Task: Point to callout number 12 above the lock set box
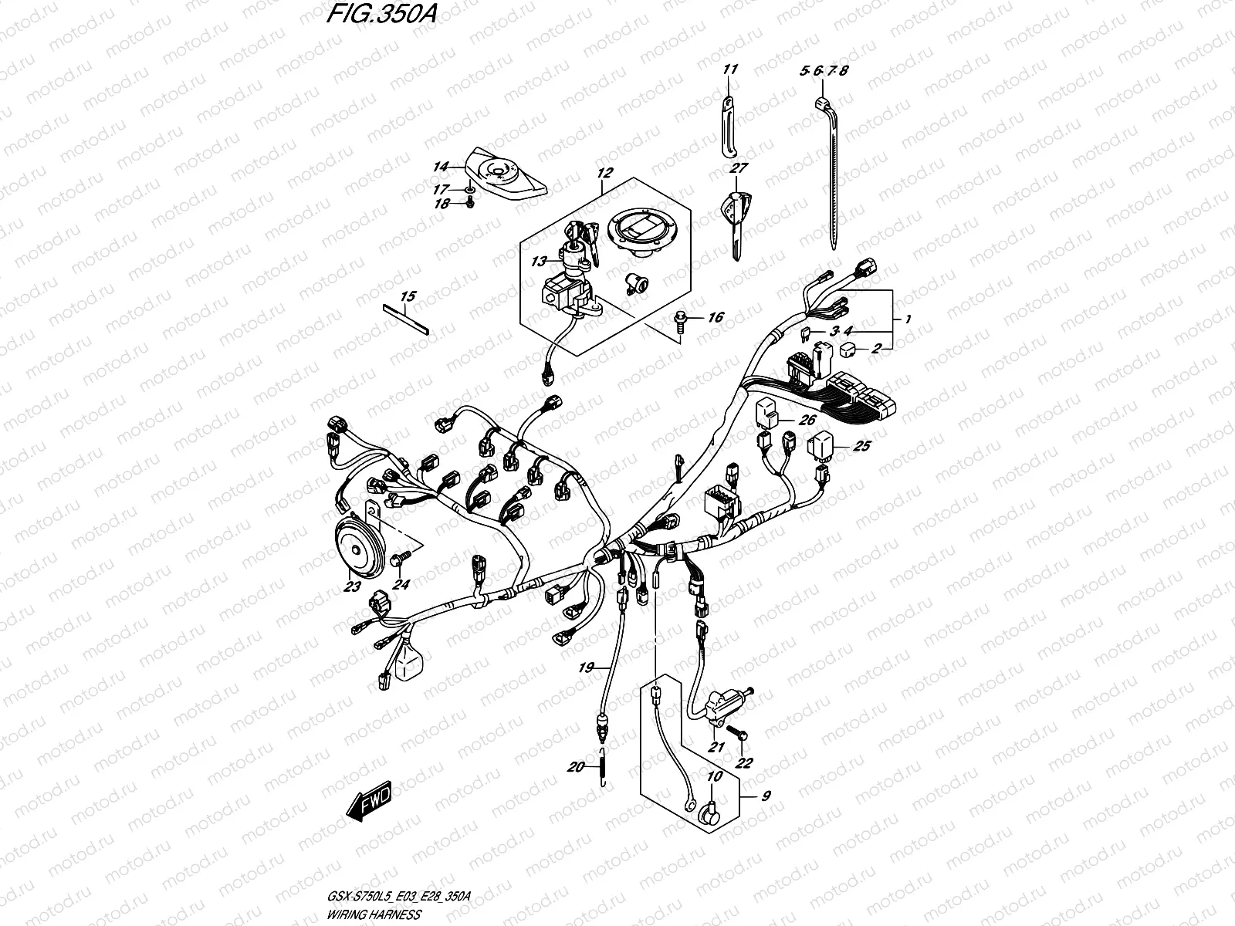[604, 174]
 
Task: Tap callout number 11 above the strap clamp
[730, 70]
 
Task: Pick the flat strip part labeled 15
[407, 317]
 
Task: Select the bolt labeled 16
[682, 319]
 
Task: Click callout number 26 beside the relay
[807, 421]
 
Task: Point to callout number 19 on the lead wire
[586, 668]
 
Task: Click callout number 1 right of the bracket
[908, 319]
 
